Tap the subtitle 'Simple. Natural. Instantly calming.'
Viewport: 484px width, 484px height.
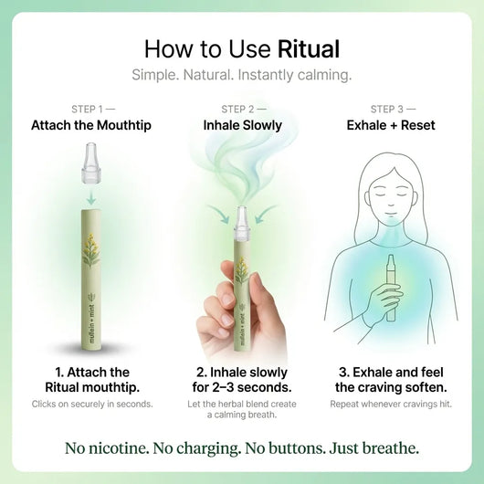click(x=241, y=75)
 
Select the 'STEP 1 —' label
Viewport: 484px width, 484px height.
click(x=92, y=109)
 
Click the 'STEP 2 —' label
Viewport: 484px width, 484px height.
click(x=243, y=109)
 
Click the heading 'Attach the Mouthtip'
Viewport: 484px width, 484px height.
click(x=92, y=125)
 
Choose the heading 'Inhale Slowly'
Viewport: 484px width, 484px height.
click(x=242, y=125)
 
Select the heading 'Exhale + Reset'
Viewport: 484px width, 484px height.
click(x=390, y=125)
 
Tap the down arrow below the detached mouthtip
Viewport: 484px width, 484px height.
click(x=92, y=195)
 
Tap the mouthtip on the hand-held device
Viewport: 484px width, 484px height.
click(x=243, y=220)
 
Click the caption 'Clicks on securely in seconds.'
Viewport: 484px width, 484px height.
click(x=92, y=404)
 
